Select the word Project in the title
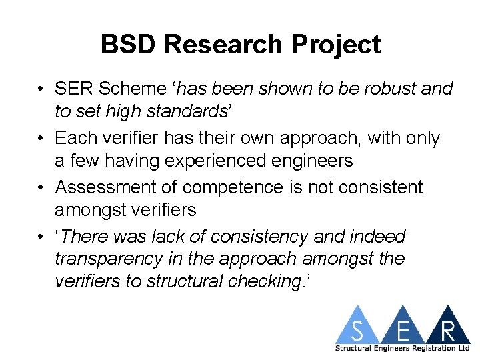point(340,45)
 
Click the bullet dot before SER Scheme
point(41,89)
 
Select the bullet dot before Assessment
point(41,188)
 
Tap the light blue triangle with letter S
point(358,328)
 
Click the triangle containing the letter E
point(402,328)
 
